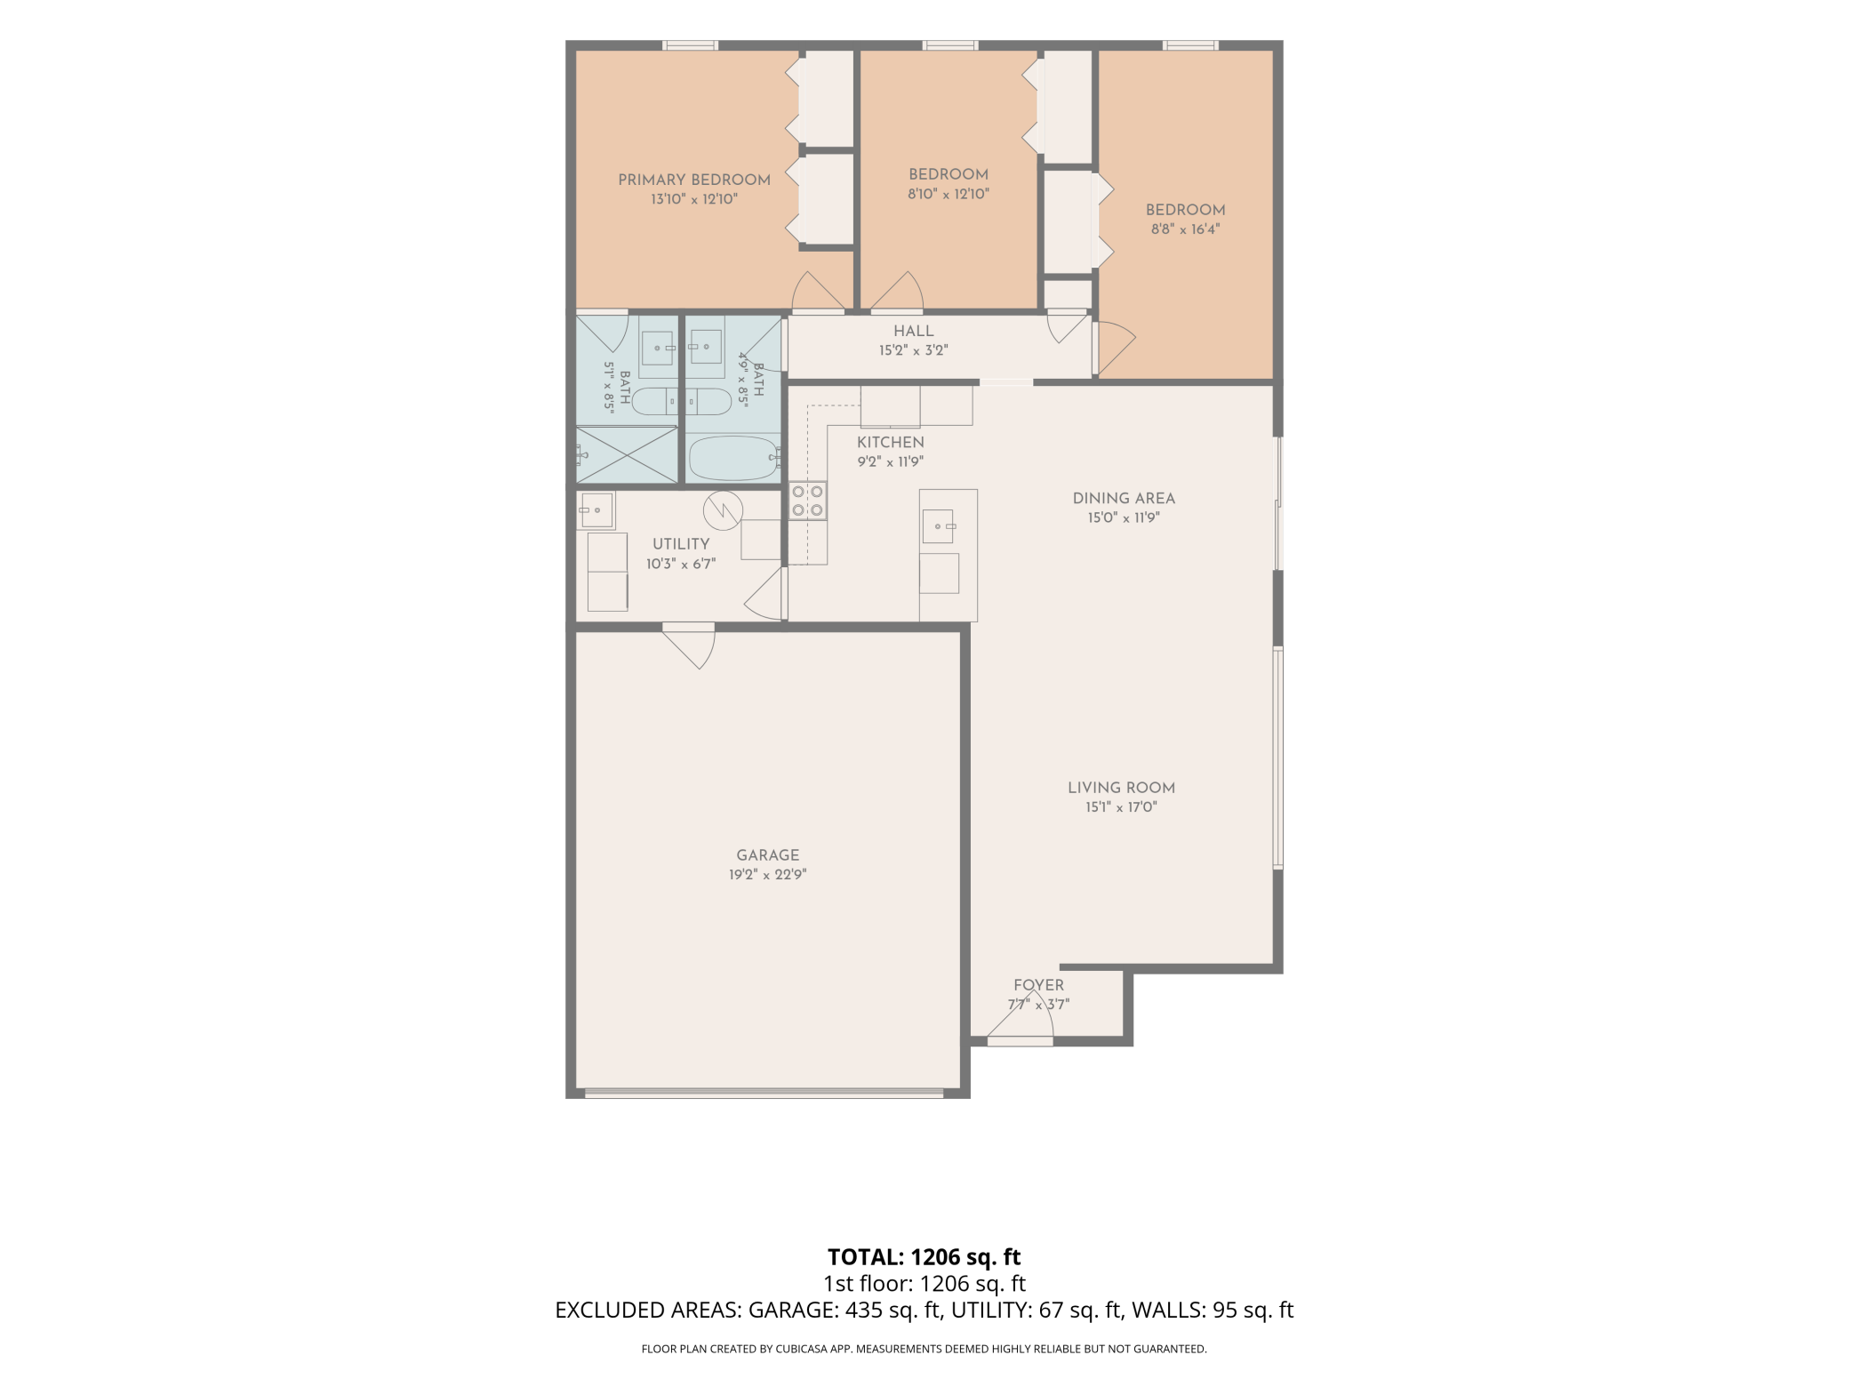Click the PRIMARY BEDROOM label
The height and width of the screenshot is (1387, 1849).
click(x=694, y=180)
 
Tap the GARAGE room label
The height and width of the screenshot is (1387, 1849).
click(x=768, y=855)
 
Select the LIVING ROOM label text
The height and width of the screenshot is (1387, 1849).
click(x=1121, y=788)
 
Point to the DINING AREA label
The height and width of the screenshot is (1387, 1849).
click(x=1124, y=499)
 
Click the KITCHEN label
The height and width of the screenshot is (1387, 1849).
click(x=891, y=443)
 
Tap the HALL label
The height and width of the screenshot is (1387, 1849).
click(x=914, y=332)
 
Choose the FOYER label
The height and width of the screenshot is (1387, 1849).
click(x=1038, y=985)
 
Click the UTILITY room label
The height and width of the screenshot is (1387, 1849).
click(x=681, y=544)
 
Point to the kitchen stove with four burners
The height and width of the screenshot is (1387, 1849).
click(x=807, y=501)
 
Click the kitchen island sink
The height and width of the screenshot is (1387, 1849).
click(x=938, y=526)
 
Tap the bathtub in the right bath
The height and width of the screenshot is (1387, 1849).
click(x=734, y=458)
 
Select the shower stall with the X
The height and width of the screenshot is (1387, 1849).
click(x=627, y=455)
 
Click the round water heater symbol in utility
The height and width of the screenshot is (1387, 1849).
click(x=723, y=510)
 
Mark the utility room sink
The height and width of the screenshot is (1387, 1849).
click(x=596, y=510)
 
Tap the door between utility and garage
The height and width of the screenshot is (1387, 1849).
click(x=689, y=645)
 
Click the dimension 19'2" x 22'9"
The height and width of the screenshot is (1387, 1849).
click(x=768, y=875)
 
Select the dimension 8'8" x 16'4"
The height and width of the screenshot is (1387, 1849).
click(x=1185, y=229)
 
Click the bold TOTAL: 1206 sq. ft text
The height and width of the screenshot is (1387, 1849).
click(x=924, y=1257)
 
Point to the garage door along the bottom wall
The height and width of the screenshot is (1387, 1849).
click(x=764, y=1094)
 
